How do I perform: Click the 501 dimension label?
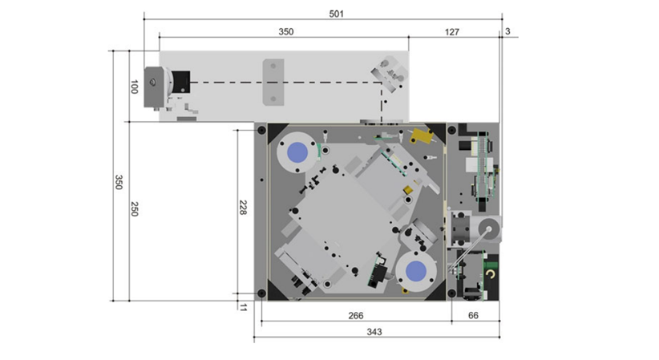tap(336, 14)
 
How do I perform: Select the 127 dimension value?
tap(452, 32)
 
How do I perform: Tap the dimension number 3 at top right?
tap(507, 31)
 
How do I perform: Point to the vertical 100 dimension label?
tap(134, 87)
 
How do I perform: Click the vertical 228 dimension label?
tap(242, 208)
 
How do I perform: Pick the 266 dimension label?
tap(356, 315)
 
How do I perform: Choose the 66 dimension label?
tap(473, 315)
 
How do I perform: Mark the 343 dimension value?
tap(374, 332)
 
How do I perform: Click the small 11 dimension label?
tap(243, 307)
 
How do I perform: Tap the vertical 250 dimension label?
tap(134, 209)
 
